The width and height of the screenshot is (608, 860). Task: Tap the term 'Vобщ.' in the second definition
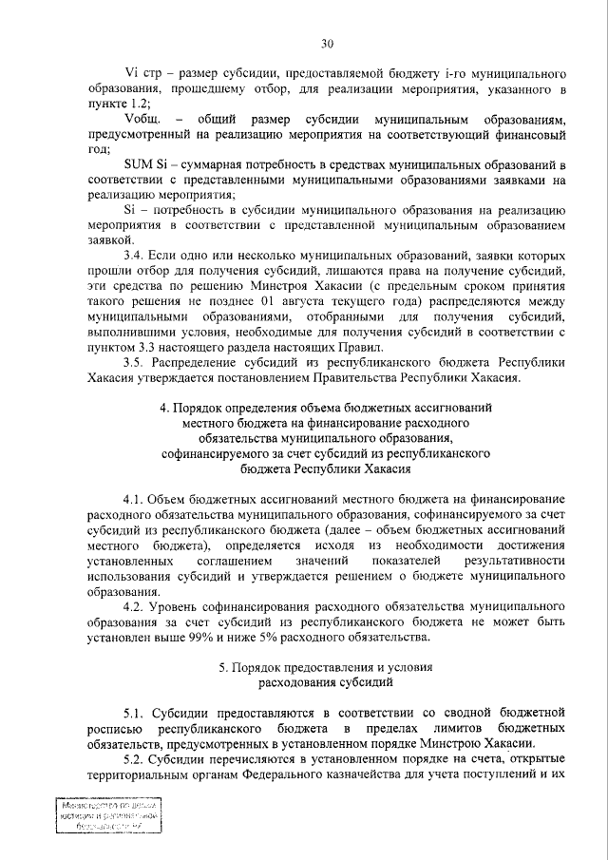coord(142,119)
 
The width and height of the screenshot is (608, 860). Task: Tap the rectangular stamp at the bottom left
coord(105,818)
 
